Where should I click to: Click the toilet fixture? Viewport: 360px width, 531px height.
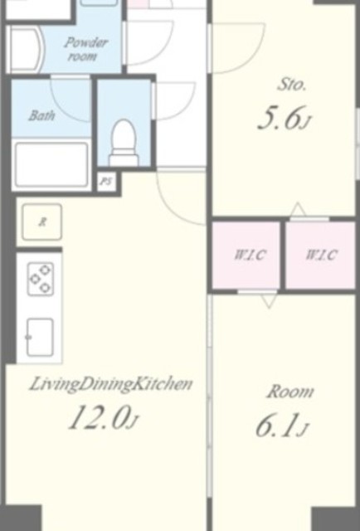pos(124,143)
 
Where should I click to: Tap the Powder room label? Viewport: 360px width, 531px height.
pos(85,49)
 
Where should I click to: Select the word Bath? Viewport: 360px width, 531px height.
pos(41,115)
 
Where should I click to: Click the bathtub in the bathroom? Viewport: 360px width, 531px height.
pos(51,164)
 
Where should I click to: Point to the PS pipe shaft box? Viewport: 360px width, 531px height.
pos(106,182)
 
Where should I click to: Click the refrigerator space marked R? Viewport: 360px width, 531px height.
pos(42,222)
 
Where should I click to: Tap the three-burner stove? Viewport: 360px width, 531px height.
pos(41,279)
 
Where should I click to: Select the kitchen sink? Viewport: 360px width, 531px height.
pos(40,338)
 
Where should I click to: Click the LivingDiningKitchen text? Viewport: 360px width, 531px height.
pos(111,385)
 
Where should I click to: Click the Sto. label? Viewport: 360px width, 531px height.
pos(292,84)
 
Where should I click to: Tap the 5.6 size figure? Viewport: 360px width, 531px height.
pos(284,118)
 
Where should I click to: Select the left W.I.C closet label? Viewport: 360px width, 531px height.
pos(250,255)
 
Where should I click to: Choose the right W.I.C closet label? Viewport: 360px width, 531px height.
pos(321,255)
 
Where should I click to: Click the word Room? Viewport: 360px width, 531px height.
pos(290,392)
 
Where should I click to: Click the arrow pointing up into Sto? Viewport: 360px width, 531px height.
pos(298,209)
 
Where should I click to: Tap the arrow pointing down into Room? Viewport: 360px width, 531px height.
pos(270,300)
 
